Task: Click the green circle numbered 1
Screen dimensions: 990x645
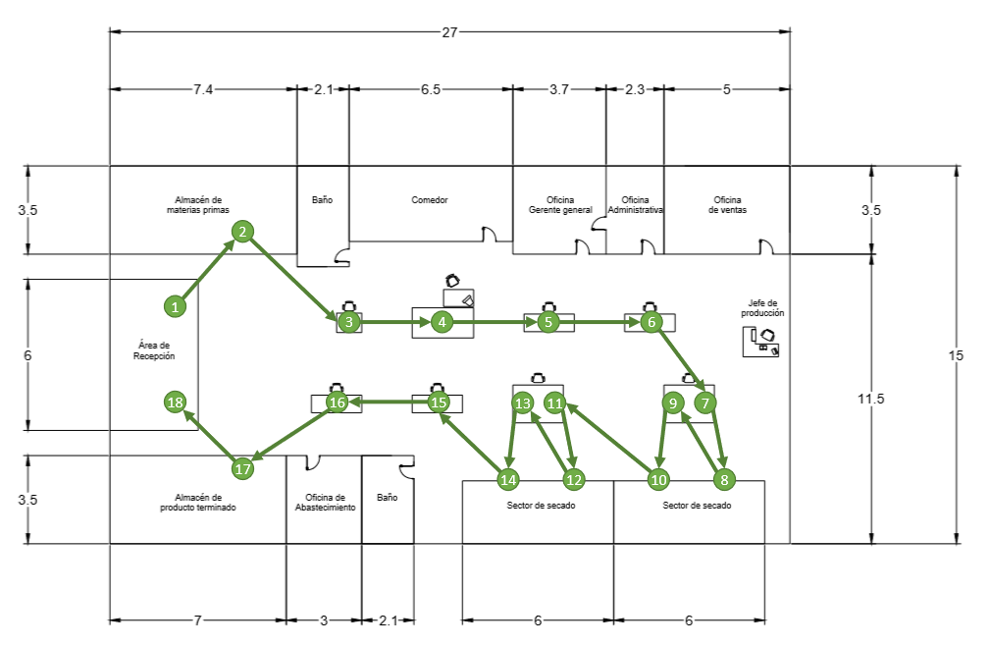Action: tap(175, 306)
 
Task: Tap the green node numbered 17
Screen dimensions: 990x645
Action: tap(242, 468)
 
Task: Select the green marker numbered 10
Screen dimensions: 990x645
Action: tap(658, 479)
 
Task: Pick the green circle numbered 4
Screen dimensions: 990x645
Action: tap(442, 322)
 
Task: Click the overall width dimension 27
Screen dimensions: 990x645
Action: tap(449, 32)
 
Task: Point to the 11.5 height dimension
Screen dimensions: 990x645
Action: tap(870, 399)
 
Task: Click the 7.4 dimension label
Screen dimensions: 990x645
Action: tap(203, 89)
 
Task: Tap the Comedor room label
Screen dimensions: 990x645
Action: tap(430, 199)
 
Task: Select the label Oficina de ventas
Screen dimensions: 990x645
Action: tap(727, 204)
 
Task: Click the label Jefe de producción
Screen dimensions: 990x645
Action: tap(762, 307)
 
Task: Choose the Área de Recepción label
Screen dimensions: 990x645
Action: tap(154, 350)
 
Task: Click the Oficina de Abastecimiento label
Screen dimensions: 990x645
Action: tap(325, 503)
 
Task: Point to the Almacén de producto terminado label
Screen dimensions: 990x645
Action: tap(197, 503)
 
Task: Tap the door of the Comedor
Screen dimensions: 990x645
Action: tap(490, 234)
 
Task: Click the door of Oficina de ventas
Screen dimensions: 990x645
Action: tap(766, 246)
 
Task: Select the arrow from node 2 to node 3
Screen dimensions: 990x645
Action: tap(294, 276)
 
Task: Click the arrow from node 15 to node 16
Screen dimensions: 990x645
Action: tap(389, 402)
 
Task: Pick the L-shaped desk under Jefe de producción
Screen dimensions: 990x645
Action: tap(760, 341)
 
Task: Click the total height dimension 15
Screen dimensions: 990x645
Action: tap(956, 355)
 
